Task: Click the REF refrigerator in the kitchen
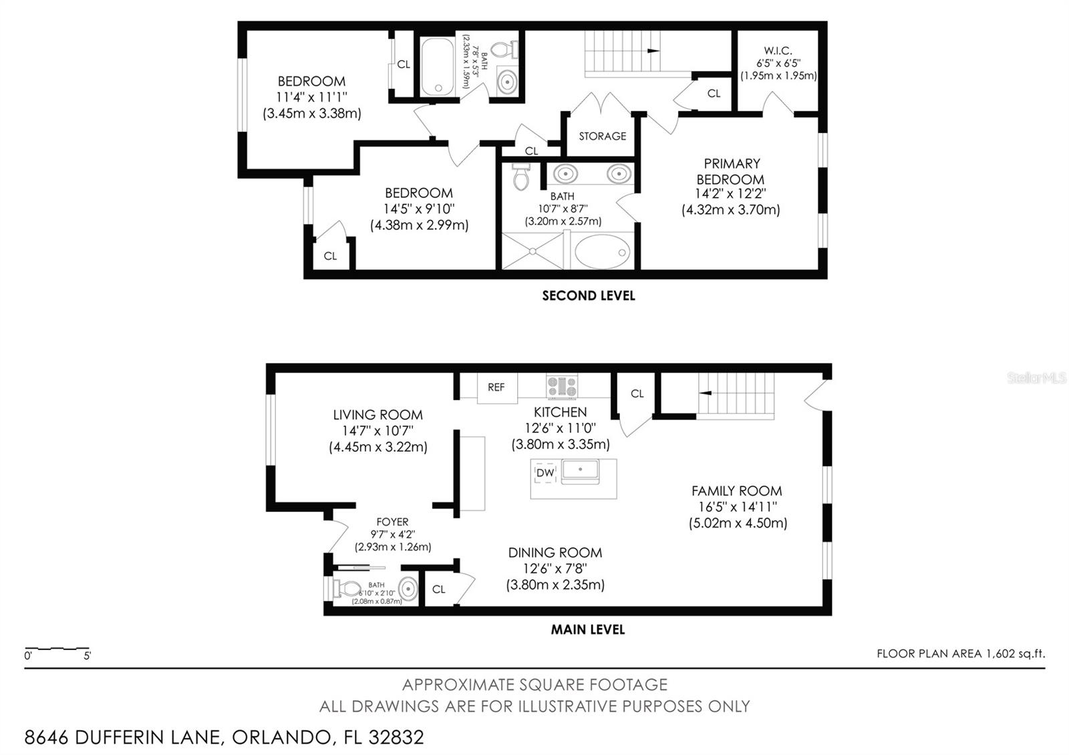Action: pyautogui.click(x=497, y=388)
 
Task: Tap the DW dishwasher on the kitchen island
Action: pyautogui.click(x=545, y=472)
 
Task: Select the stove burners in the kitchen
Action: pyautogui.click(x=562, y=387)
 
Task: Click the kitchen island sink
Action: pyautogui.click(x=580, y=470)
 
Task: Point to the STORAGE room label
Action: pyautogui.click(x=602, y=136)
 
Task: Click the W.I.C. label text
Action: pyautogui.click(x=778, y=51)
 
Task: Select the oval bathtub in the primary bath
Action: pyautogui.click(x=602, y=251)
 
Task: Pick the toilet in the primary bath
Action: pyautogui.click(x=520, y=176)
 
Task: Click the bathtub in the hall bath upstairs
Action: pyautogui.click(x=438, y=66)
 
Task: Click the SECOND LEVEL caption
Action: pyautogui.click(x=589, y=296)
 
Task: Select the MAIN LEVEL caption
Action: pyautogui.click(x=588, y=630)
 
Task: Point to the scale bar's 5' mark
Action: pyautogui.click(x=88, y=655)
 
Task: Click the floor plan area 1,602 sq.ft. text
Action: pyautogui.click(x=961, y=654)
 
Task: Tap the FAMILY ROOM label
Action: pyautogui.click(x=737, y=491)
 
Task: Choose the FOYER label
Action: pyautogui.click(x=392, y=522)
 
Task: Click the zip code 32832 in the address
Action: pyautogui.click(x=396, y=738)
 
